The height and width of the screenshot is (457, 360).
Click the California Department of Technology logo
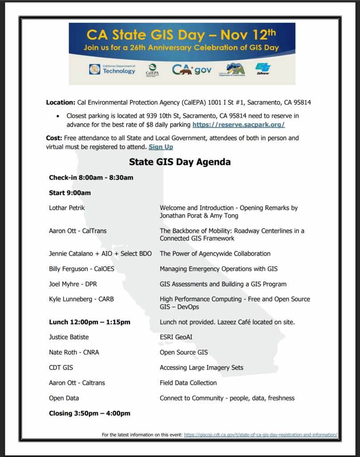pyautogui.click(x=112, y=69)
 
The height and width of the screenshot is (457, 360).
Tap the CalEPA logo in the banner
pyautogui.click(x=152, y=70)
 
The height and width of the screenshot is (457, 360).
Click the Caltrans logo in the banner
pyautogui.click(x=263, y=68)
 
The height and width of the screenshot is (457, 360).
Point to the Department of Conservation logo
pyautogui.click(x=232, y=70)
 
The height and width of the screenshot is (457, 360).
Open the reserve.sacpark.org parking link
pyautogui.click(x=239, y=125)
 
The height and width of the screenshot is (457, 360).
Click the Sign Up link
pyautogui.click(x=161, y=147)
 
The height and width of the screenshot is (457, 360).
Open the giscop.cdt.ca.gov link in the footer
pyautogui.click(x=260, y=435)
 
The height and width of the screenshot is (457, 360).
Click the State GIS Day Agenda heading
pyautogui.click(x=180, y=162)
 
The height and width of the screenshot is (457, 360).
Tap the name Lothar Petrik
pyautogui.click(x=67, y=208)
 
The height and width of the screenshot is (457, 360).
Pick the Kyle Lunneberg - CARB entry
pyautogui.click(x=81, y=299)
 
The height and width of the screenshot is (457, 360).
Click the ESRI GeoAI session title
pyautogui.click(x=176, y=337)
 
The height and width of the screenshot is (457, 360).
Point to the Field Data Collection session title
pyautogui.click(x=188, y=383)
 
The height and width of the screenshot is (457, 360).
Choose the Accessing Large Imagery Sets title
pyautogui.click(x=201, y=368)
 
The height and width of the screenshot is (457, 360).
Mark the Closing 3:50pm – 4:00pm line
pyautogui.click(x=89, y=413)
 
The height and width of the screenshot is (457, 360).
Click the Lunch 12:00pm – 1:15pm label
pyautogui.click(x=89, y=322)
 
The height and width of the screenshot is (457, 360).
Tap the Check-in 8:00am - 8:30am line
pyautogui.click(x=91, y=178)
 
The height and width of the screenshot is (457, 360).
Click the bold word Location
pyautogui.click(x=61, y=103)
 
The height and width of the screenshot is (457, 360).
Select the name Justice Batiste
pyautogui.click(x=69, y=337)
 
